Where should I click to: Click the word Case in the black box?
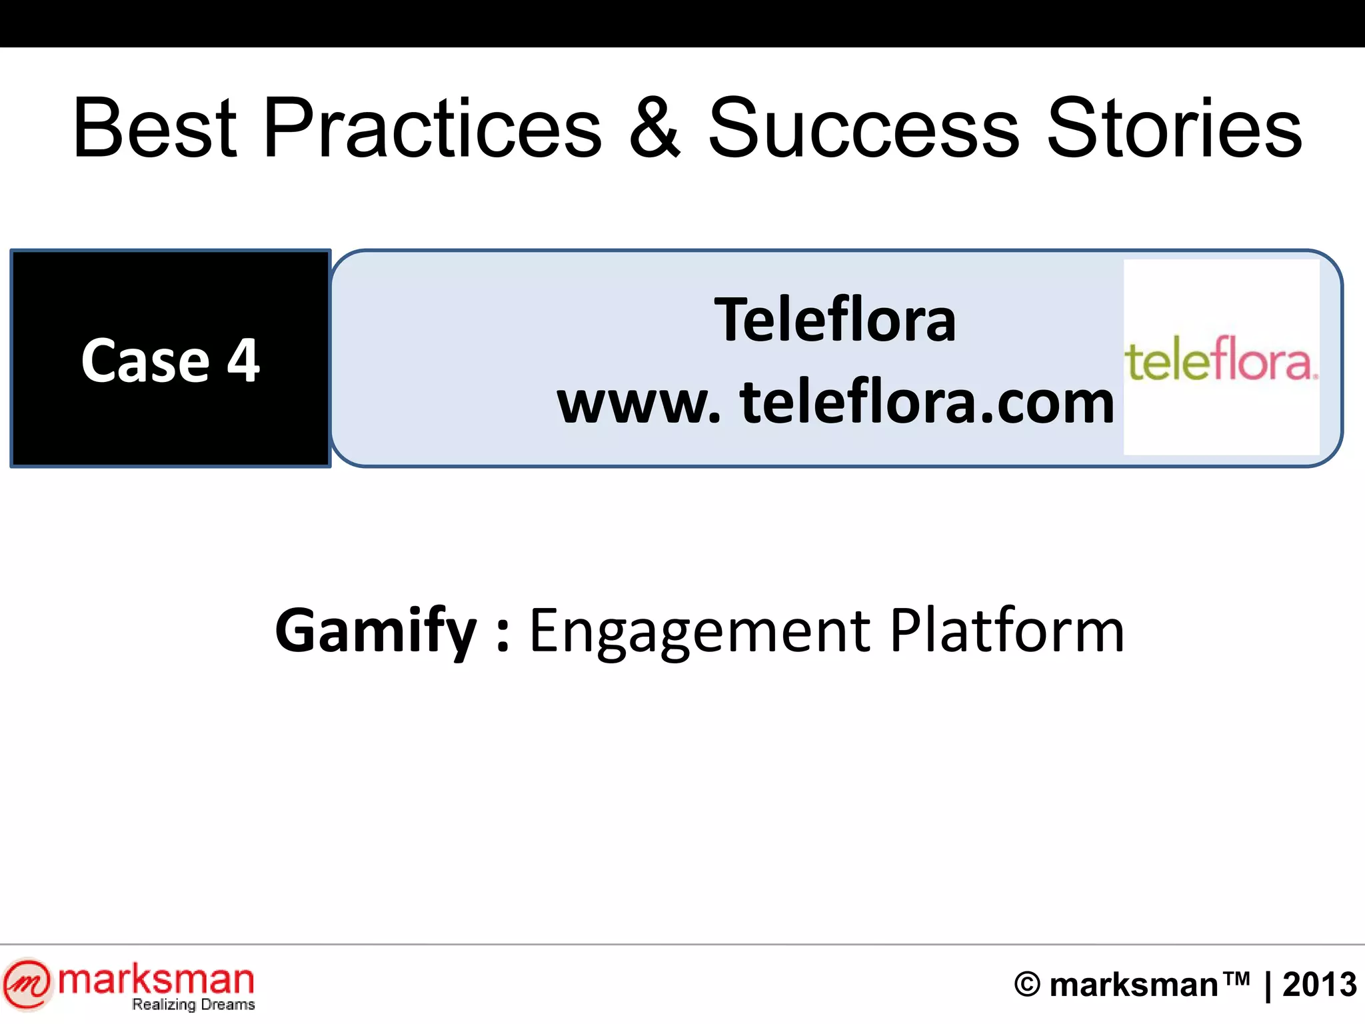[145, 361]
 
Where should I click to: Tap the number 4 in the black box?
[243, 361]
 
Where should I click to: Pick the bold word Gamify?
[376, 631]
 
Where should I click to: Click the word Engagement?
[699, 631]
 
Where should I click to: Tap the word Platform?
[1007, 631]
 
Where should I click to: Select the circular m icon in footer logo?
[27, 983]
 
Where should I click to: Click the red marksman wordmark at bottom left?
[156, 980]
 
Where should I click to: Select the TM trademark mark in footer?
[1236, 978]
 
